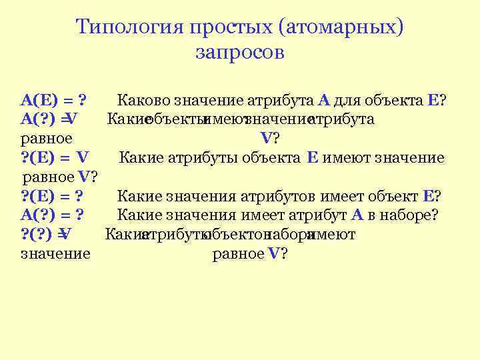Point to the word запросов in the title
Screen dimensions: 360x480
(x=240, y=53)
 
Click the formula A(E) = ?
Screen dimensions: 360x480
(x=56, y=101)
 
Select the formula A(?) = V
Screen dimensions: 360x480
(x=50, y=119)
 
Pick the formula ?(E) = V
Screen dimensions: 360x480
(x=55, y=157)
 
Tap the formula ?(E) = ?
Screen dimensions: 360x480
(x=56, y=196)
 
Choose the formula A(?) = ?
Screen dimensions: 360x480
(x=56, y=215)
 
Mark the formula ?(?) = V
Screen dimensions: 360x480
(x=47, y=234)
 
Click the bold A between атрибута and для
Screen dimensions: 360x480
(x=324, y=101)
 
